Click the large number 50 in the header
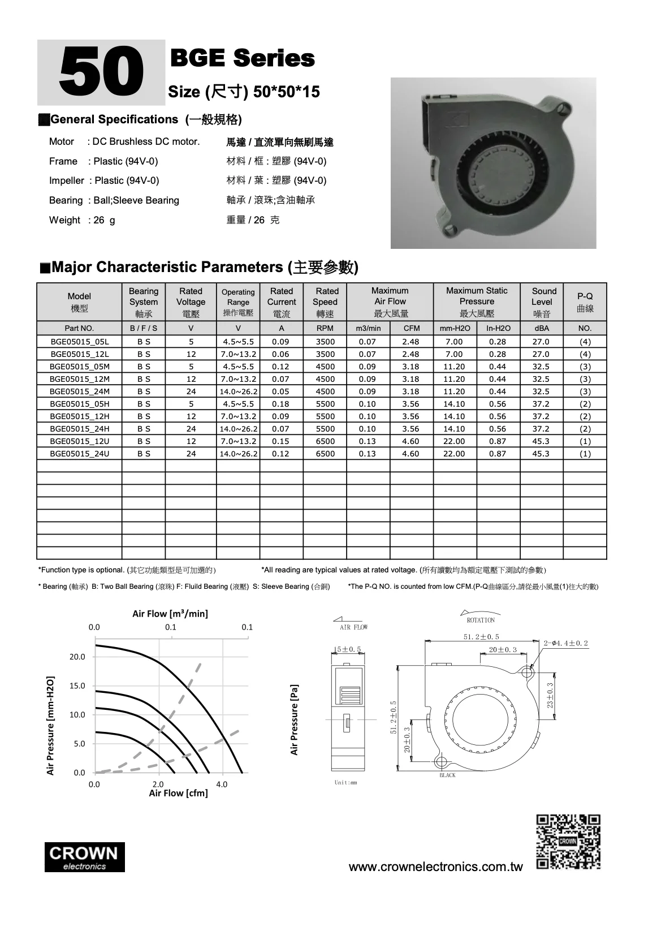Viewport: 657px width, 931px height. point(101,73)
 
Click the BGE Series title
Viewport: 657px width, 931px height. point(242,58)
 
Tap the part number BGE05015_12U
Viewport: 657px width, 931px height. point(79,441)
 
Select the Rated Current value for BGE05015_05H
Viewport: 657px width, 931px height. point(280,404)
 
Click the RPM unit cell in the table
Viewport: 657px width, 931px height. point(325,328)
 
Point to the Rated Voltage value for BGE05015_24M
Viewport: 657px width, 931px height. point(191,391)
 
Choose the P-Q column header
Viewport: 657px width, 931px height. point(585,302)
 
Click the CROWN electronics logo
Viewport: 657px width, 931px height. point(85,857)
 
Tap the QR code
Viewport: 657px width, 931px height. point(568,842)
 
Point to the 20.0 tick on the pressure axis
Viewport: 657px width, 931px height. point(77,657)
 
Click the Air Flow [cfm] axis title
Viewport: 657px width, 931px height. point(178,794)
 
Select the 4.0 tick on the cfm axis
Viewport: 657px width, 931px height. point(222,785)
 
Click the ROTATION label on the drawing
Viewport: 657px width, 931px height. point(481,620)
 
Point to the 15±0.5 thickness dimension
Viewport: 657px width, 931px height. point(347,649)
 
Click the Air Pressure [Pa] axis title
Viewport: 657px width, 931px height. point(294,720)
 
